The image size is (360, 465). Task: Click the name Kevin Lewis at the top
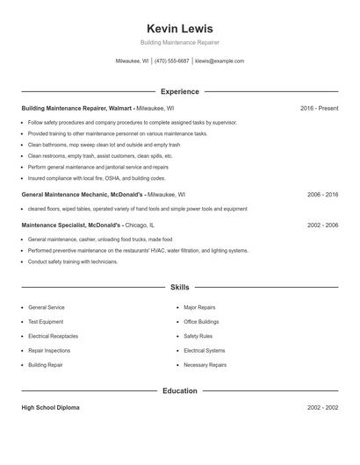click(x=179, y=28)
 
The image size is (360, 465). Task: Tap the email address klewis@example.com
click(x=220, y=61)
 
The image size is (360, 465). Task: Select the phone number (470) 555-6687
click(x=172, y=61)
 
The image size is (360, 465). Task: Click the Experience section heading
click(x=179, y=91)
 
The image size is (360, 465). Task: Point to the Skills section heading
click(x=179, y=287)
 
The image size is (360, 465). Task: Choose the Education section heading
click(x=179, y=390)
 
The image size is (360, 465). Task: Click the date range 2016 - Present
click(x=319, y=108)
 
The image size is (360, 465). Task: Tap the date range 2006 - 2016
click(x=322, y=194)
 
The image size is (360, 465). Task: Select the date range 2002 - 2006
click(x=322, y=225)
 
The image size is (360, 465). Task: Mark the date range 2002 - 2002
click(x=322, y=408)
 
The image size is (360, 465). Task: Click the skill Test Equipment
click(x=46, y=322)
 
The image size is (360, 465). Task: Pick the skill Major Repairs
click(x=199, y=308)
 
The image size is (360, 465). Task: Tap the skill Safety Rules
click(x=198, y=336)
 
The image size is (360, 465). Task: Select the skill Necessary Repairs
click(x=205, y=365)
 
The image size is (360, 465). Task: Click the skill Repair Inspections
click(x=49, y=350)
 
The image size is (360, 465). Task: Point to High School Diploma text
click(x=52, y=408)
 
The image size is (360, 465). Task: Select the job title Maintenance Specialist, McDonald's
click(x=76, y=225)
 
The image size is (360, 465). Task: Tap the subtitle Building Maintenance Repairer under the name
click(x=179, y=42)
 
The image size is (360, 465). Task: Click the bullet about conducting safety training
click(x=73, y=261)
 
